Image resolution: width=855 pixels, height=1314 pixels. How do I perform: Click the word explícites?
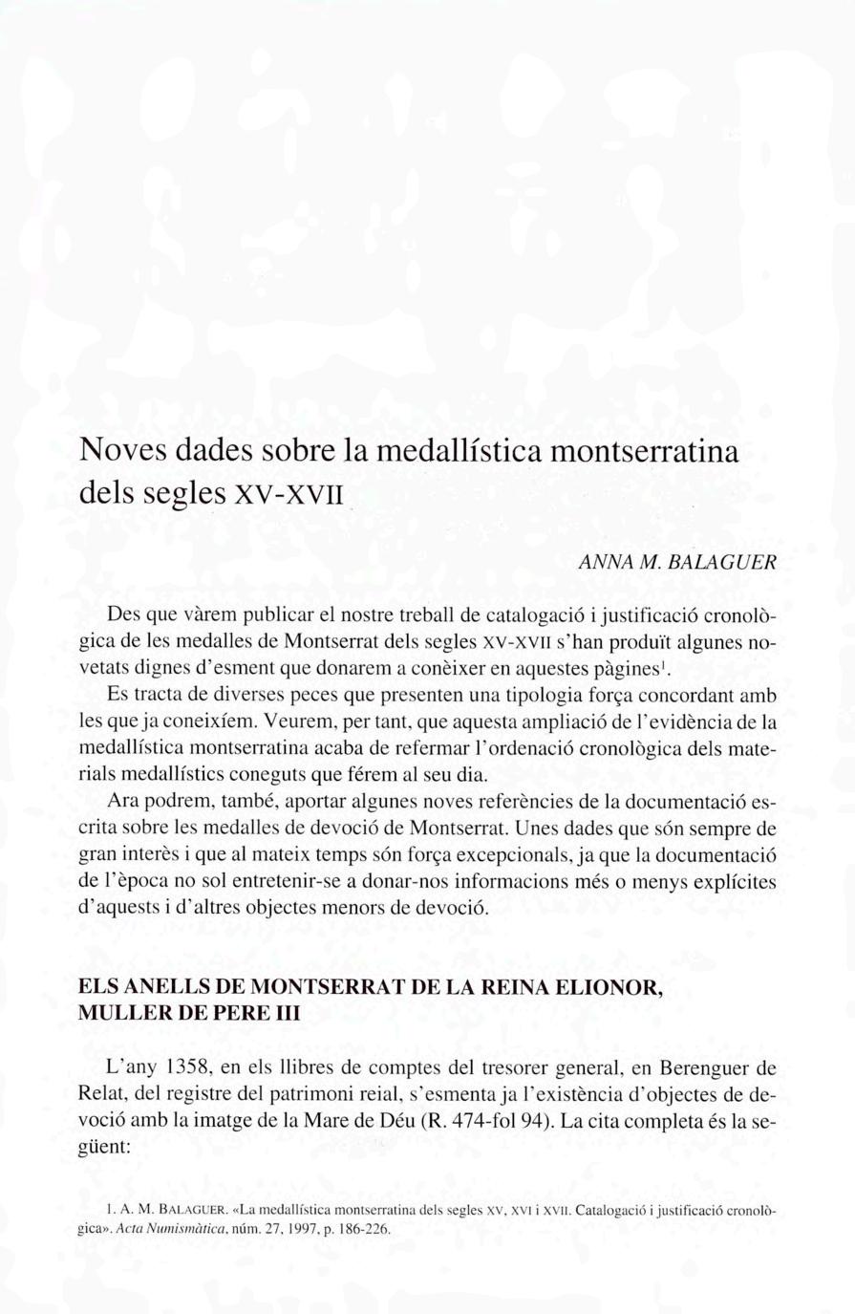click(738, 878)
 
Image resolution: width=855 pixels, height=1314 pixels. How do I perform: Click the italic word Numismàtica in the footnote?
click(171, 1229)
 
